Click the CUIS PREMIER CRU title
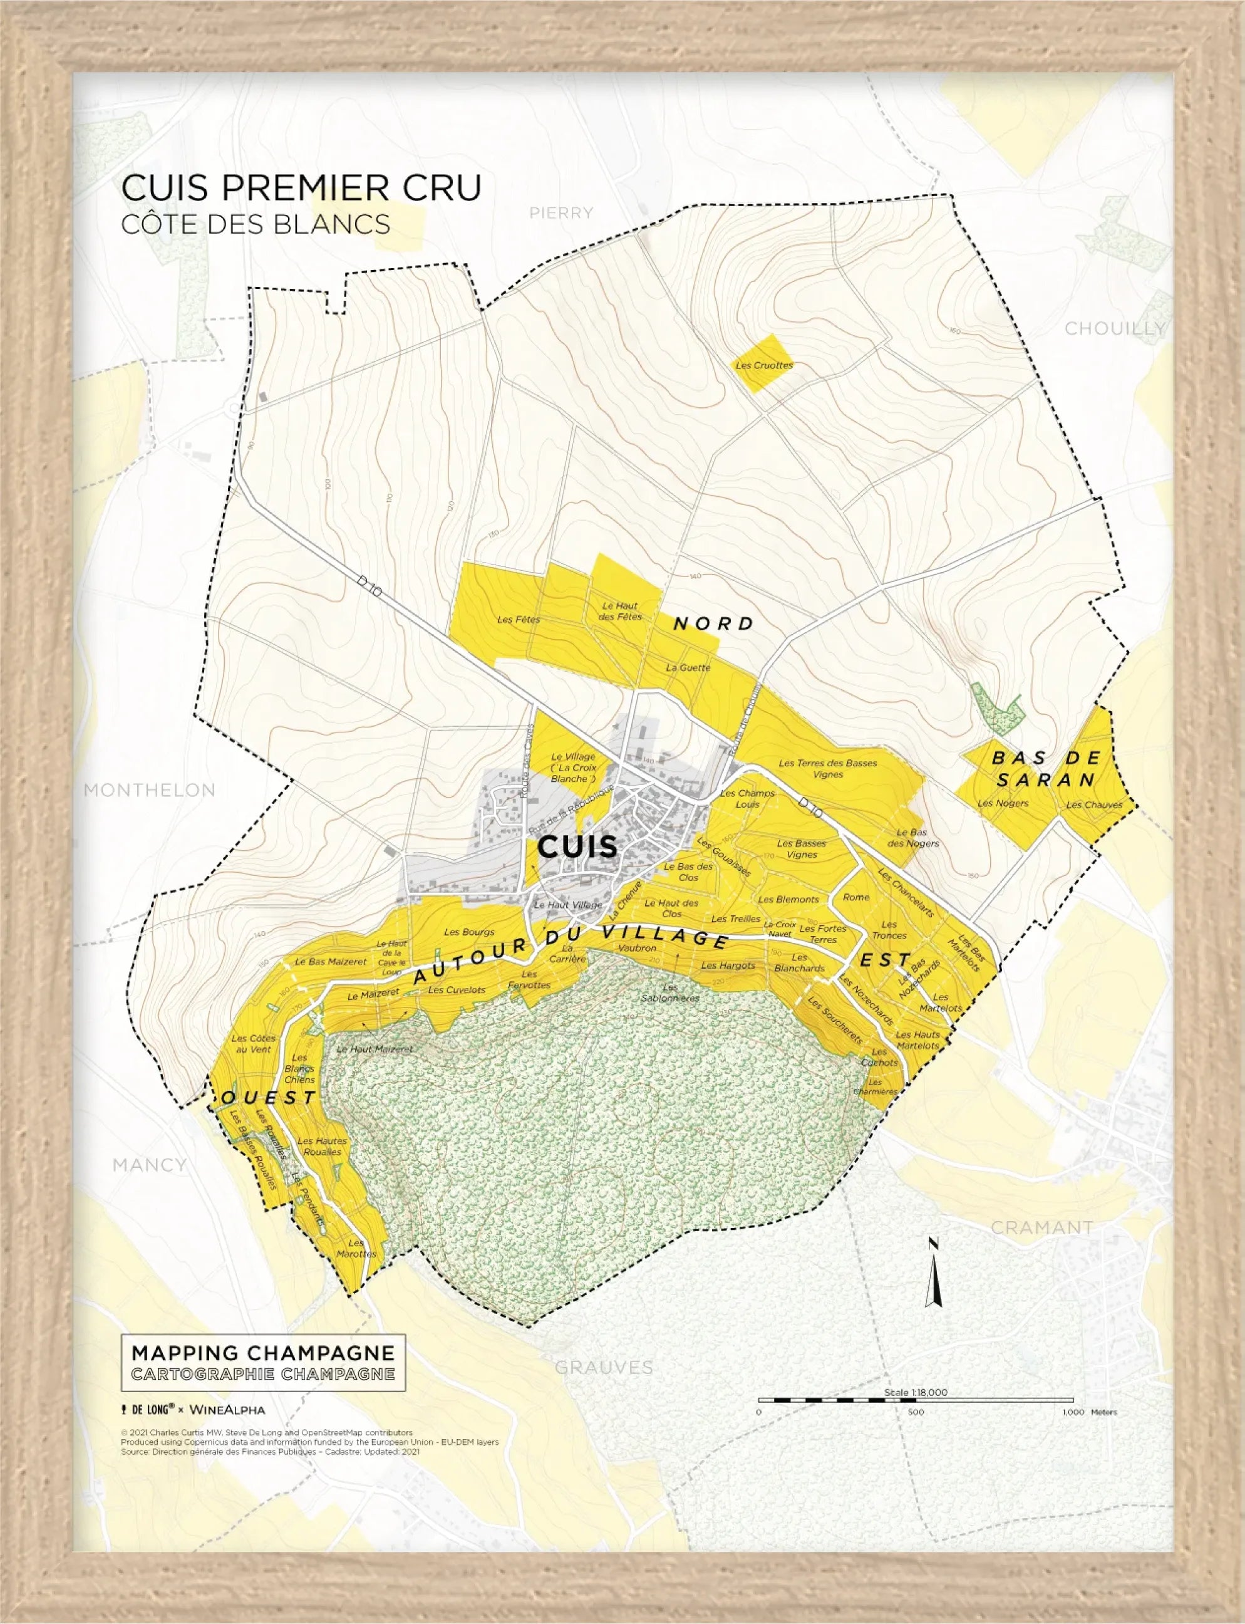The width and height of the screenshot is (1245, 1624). [301, 187]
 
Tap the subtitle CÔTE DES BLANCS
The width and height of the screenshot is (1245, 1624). [256, 224]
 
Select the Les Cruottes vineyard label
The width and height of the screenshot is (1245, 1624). [764, 365]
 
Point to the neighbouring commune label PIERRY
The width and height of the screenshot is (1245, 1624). [561, 214]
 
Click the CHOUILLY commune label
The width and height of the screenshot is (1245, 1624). [1115, 328]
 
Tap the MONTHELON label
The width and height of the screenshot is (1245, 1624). [149, 789]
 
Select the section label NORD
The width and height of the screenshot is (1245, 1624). [713, 623]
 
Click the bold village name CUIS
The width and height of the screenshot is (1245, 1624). [577, 846]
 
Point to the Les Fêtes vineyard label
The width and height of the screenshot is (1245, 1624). [519, 620]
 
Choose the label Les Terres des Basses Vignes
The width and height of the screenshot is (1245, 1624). [828, 768]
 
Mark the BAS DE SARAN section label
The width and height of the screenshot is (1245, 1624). [1044, 769]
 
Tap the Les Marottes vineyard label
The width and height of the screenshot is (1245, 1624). [356, 1248]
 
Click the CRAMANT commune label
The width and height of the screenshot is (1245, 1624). [1042, 1227]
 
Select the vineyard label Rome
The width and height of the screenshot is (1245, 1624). [856, 897]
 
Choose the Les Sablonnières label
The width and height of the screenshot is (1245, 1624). [670, 992]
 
